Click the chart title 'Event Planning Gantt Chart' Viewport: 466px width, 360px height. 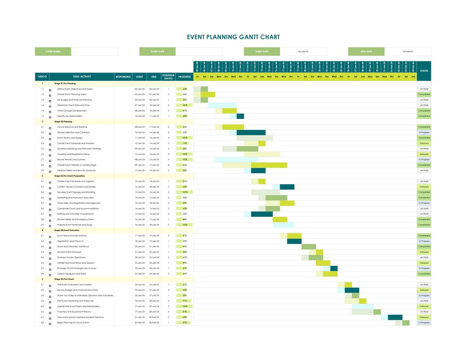[233, 37]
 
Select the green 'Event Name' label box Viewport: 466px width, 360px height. [53, 52]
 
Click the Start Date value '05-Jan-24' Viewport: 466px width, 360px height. [303, 52]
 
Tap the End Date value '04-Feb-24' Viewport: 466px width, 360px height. [407, 52]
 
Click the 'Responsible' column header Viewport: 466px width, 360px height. [123, 77]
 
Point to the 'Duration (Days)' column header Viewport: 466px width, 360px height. [168, 77]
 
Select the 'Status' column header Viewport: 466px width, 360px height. [424, 71]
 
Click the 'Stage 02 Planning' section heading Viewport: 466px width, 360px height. [63, 122]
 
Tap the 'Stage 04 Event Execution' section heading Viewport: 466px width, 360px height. [67, 230]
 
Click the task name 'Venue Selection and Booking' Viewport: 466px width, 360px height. [72, 127]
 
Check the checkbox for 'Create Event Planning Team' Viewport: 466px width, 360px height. [50, 95]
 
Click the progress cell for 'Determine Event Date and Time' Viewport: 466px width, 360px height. [184, 105]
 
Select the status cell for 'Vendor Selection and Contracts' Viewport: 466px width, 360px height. [424, 132]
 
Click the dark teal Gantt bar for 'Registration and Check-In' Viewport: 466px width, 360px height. [294, 241]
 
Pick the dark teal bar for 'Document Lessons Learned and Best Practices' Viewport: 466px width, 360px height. [395, 317]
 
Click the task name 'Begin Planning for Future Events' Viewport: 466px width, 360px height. [73, 322]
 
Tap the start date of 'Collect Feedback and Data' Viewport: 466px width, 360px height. [139, 274]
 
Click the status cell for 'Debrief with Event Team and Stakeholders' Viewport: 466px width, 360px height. [424, 306]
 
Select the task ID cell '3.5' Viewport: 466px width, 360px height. [42, 203]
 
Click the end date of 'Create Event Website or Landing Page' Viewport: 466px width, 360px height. [154, 165]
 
